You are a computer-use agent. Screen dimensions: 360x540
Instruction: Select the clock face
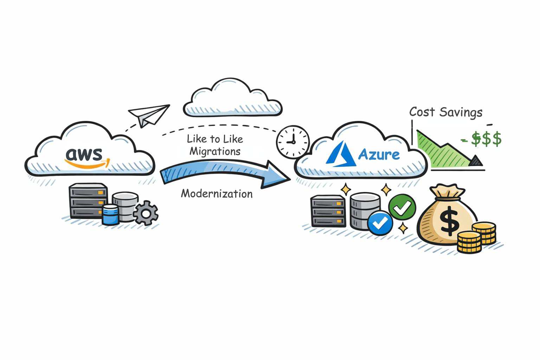(292, 142)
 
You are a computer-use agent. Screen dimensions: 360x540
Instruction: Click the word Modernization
(217, 194)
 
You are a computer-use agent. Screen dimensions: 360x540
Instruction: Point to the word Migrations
(215, 152)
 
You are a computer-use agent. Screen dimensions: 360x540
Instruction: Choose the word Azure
(379, 154)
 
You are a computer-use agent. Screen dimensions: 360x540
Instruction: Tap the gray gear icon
(146, 213)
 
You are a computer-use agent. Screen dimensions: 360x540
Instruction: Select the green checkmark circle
(402, 207)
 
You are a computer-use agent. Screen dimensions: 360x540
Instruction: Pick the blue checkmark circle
(380, 223)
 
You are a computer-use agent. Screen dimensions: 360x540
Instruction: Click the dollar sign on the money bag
(449, 222)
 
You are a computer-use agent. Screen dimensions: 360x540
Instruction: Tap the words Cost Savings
(446, 112)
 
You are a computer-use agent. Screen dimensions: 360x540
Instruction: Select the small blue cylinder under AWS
(110, 214)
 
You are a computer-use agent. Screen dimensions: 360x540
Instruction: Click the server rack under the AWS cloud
(88, 200)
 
